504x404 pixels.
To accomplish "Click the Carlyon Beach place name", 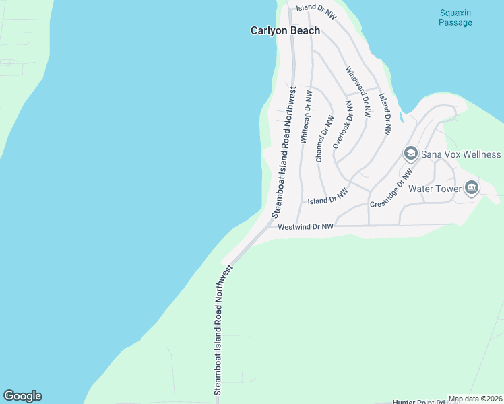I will pos(285,30).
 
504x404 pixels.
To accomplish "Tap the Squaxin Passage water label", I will pos(455,18).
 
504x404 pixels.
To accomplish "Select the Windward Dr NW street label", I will pos(358,92).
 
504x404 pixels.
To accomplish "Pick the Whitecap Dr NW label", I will pos(305,117).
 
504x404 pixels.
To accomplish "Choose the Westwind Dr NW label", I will pos(306,227).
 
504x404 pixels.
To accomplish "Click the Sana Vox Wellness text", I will pos(461,154).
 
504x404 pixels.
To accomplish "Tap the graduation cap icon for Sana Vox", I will pos(410,154).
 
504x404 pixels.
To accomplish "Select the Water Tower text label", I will pos(438,189).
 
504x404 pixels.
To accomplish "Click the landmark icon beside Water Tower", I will pos(472,189).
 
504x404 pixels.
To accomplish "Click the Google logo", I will pos(22,396).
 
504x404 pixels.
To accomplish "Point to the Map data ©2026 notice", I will pos(475,399).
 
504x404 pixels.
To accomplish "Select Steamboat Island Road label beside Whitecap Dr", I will pos(284,151).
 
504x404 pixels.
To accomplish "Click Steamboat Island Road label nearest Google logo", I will pos(222,330).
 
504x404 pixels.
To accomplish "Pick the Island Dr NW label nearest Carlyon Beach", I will pos(316,8).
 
